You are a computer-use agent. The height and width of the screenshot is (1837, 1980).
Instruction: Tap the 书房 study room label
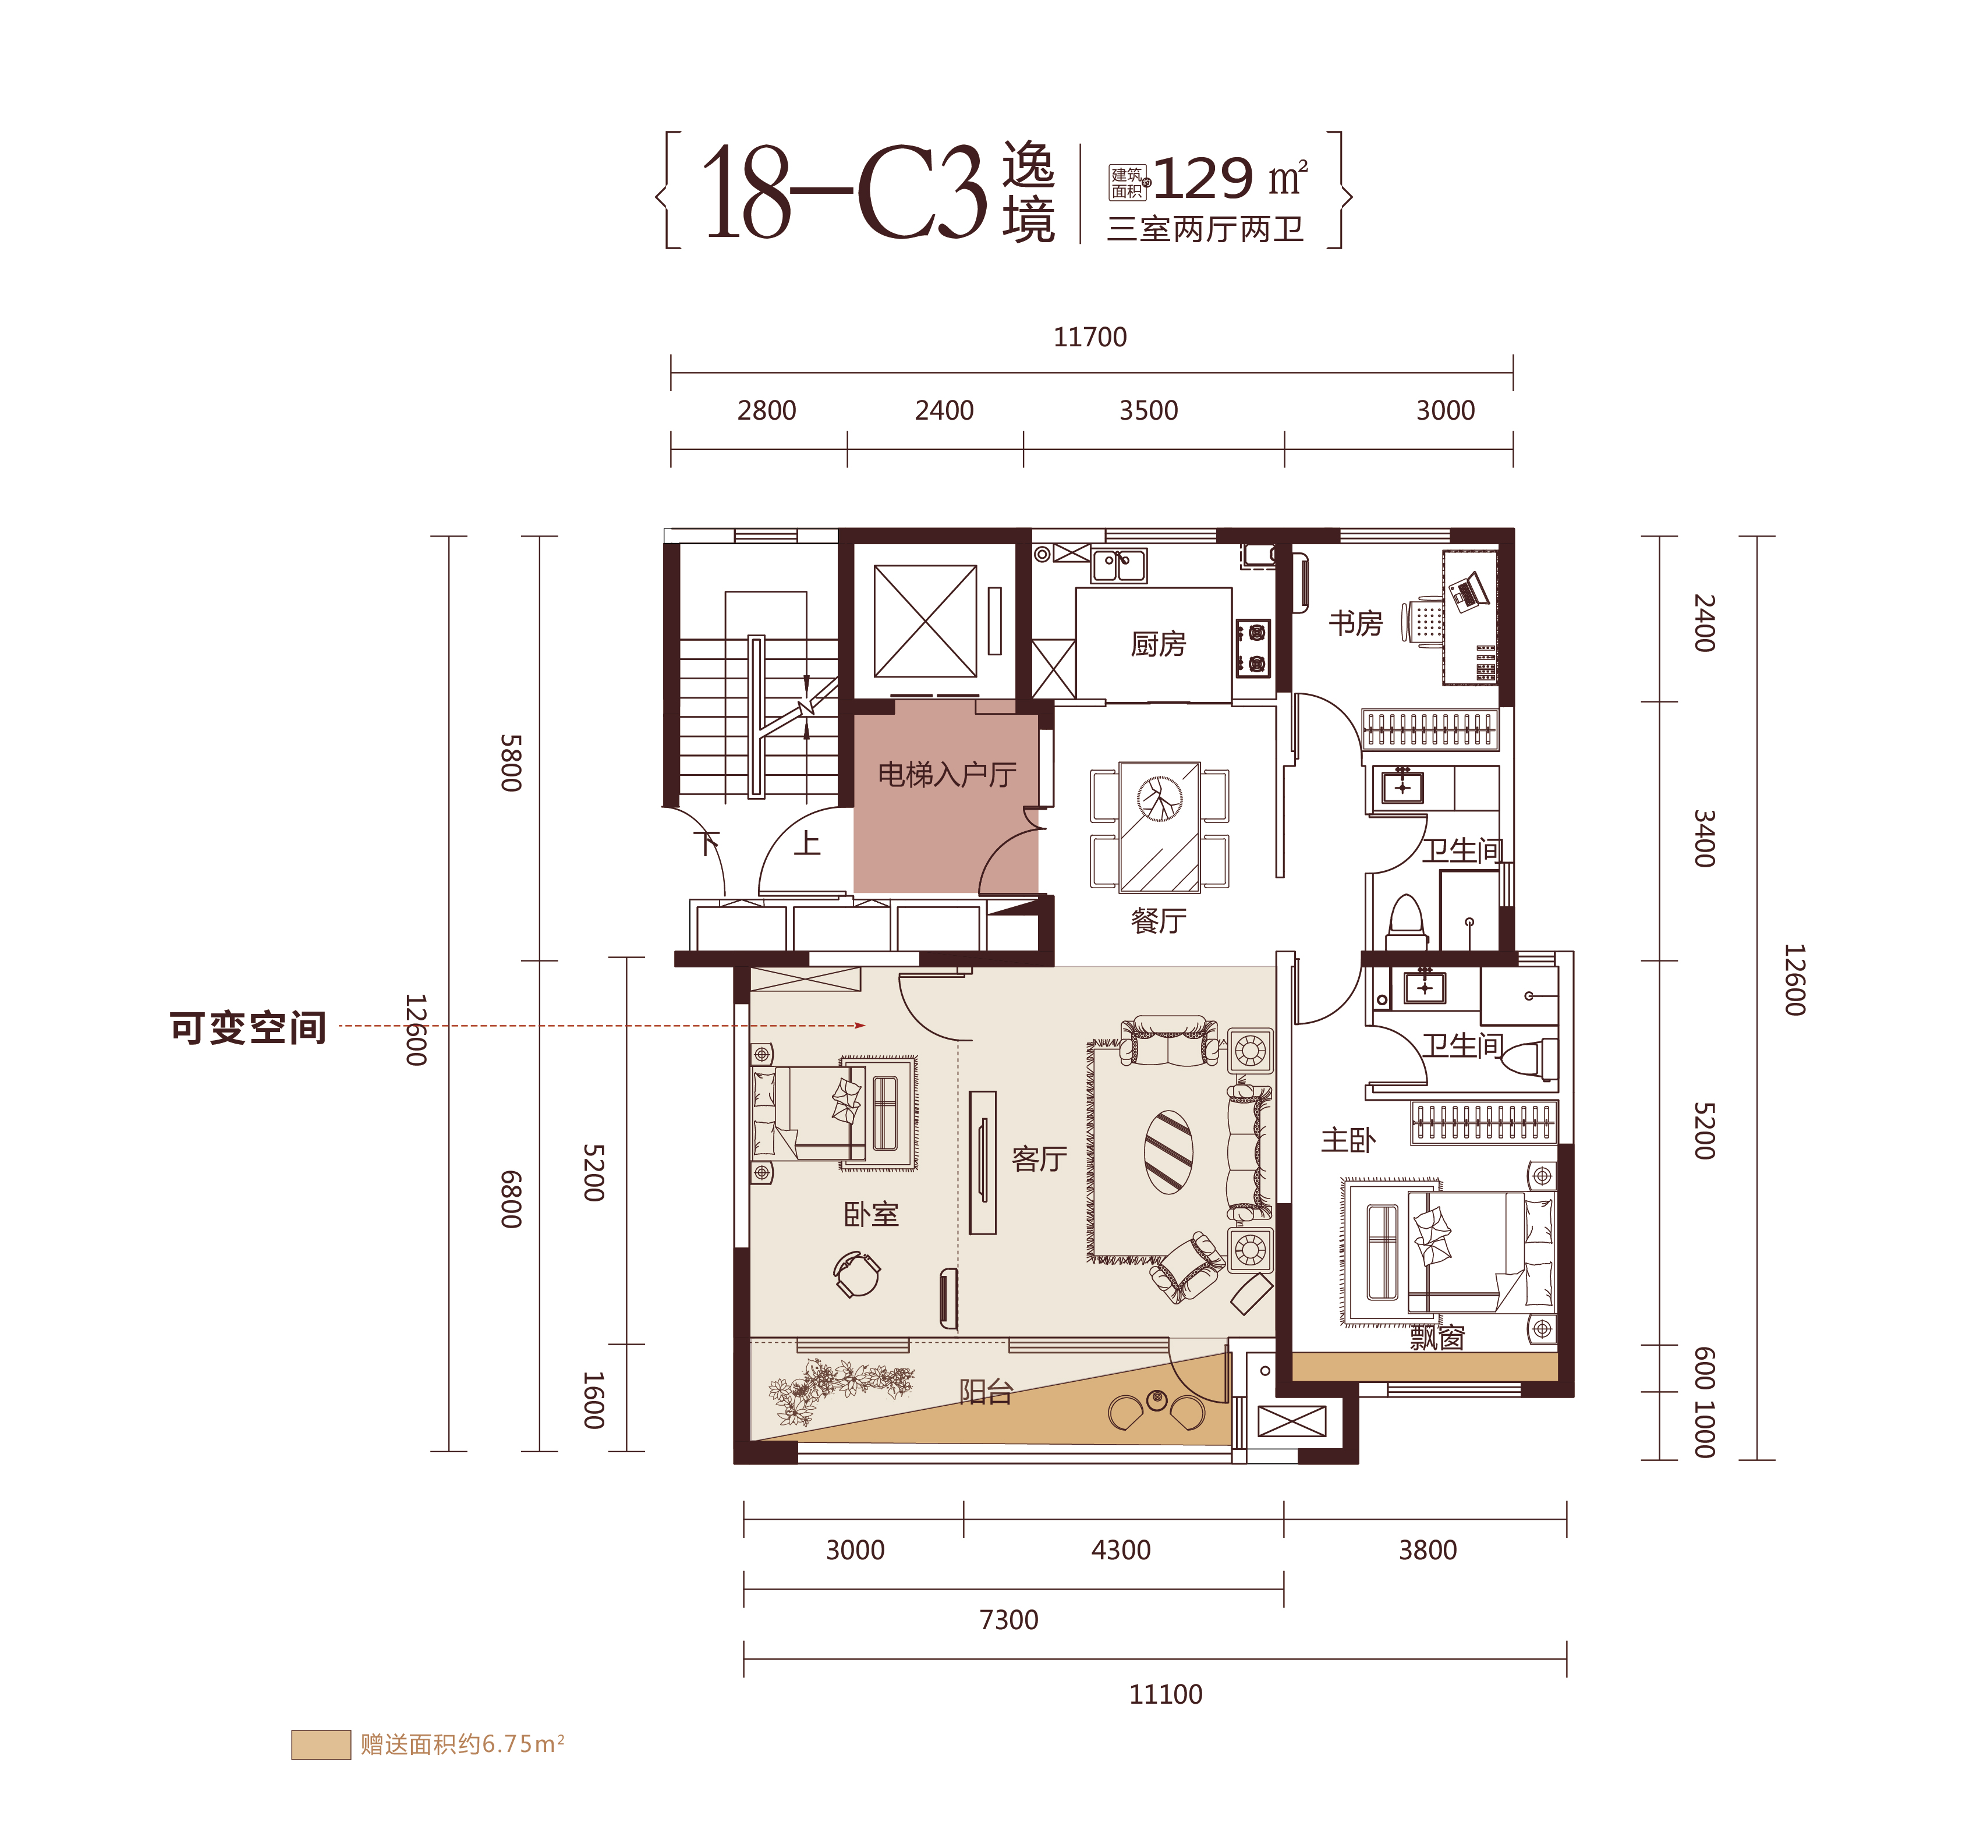[x=1355, y=623]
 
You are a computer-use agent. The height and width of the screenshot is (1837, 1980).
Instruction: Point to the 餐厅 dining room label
[x=1159, y=920]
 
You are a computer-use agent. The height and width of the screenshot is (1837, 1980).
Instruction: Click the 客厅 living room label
[x=1039, y=1158]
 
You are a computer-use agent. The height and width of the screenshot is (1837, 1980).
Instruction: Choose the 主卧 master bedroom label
[x=1348, y=1140]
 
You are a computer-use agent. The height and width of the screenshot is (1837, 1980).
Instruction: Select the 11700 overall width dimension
[x=1090, y=337]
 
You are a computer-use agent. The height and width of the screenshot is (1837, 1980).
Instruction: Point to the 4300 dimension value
[x=1121, y=1549]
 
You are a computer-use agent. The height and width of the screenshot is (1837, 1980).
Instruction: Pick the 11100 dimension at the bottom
[x=1166, y=1694]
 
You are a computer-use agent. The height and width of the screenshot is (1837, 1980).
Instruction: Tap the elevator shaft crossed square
[x=925, y=621]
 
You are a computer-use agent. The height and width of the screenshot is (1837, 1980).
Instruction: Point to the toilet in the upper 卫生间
[x=1406, y=921]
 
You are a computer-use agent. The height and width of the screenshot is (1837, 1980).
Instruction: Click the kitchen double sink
[x=1119, y=566]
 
